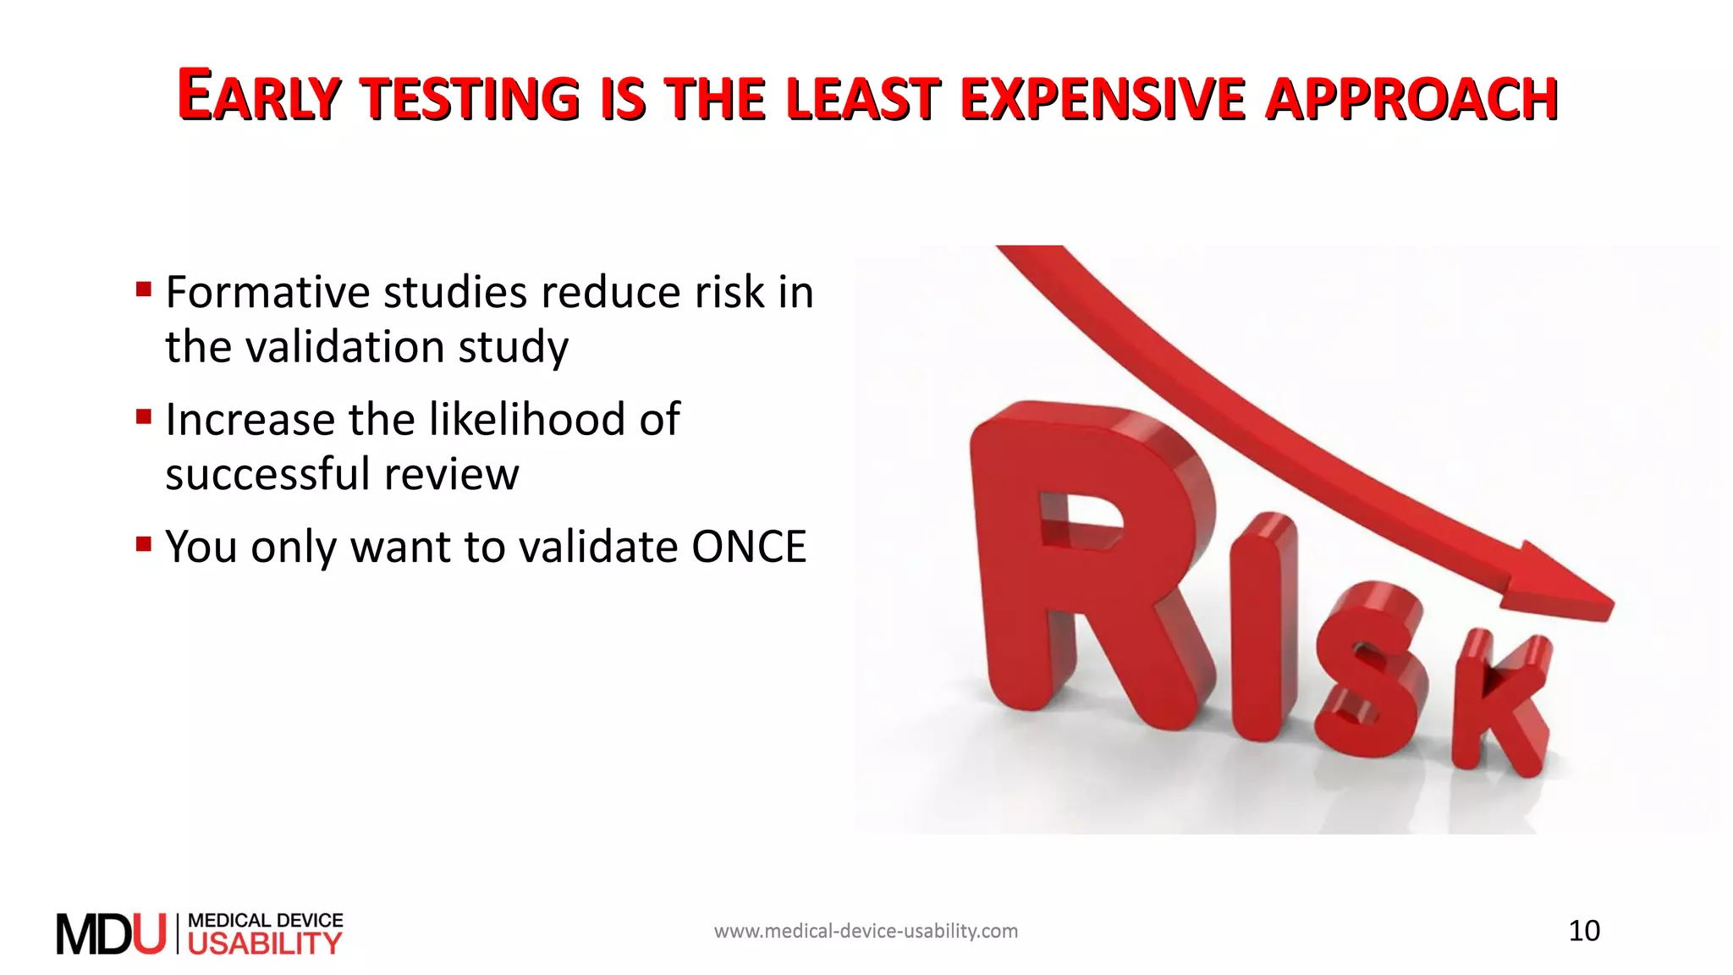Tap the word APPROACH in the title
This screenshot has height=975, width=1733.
tap(1411, 98)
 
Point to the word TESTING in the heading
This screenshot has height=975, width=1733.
tap(470, 98)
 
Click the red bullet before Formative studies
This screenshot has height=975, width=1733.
tap(144, 290)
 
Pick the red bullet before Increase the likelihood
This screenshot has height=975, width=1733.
tap(144, 416)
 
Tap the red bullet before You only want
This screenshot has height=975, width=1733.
tap(144, 543)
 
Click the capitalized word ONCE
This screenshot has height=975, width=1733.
tap(749, 547)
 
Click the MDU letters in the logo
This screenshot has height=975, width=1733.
tap(111, 934)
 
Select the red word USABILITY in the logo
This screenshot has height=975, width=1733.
tap(265, 944)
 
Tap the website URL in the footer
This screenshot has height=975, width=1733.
tap(866, 931)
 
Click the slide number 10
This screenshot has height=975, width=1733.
tap(1584, 931)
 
